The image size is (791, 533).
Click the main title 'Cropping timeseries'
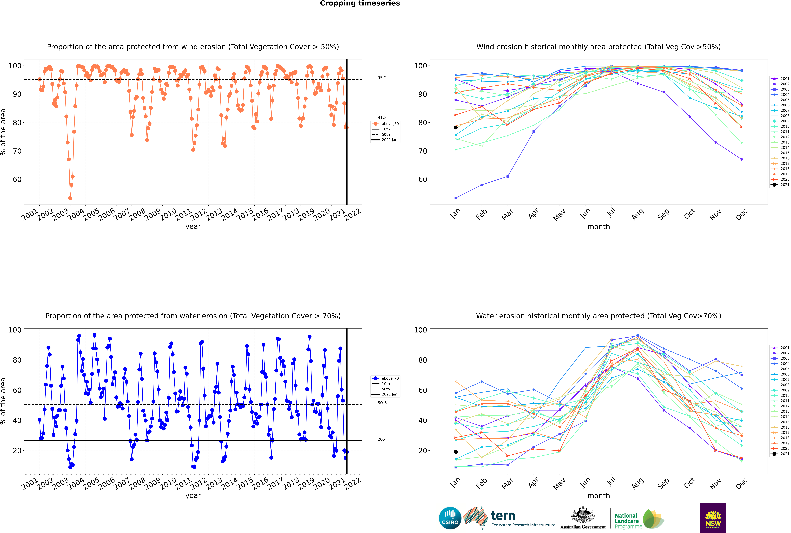(x=360, y=3)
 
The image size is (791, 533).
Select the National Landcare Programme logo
(x=639, y=519)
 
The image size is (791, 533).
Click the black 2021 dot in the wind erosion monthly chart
(x=456, y=127)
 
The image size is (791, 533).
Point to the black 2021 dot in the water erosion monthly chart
(x=456, y=452)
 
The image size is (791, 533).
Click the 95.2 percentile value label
(x=382, y=78)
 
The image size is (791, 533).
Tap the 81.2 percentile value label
(x=382, y=118)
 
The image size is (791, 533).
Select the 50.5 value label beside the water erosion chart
(x=382, y=403)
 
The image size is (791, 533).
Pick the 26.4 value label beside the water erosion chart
(x=382, y=439)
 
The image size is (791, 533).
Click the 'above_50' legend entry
(x=386, y=124)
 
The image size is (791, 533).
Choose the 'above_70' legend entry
(x=386, y=378)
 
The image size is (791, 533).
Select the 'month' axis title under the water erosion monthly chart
(x=599, y=496)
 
